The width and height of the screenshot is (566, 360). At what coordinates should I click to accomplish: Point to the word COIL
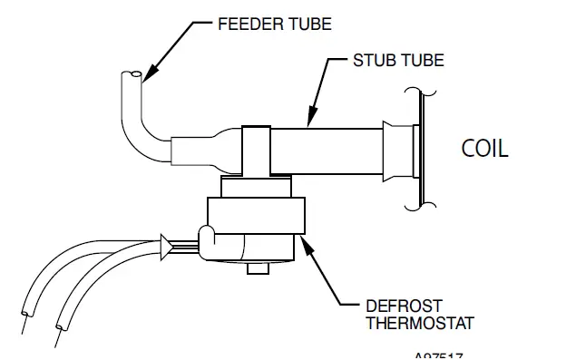[484, 148]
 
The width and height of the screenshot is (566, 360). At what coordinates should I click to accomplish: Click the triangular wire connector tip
[165, 243]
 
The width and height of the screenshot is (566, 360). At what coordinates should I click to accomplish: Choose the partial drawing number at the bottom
[443, 355]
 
